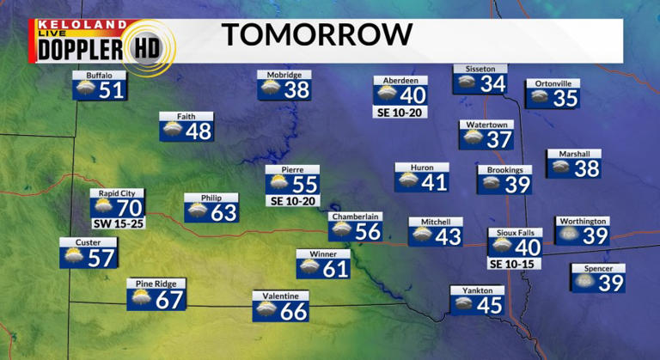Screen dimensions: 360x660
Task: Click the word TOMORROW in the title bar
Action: click(x=317, y=35)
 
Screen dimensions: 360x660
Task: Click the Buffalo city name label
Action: click(x=99, y=75)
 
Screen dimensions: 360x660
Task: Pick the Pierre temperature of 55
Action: click(x=304, y=184)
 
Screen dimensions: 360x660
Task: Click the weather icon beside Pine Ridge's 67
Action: click(x=140, y=300)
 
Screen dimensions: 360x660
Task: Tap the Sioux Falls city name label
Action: click(x=515, y=232)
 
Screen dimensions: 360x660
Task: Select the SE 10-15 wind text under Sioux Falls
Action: click(x=515, y=263)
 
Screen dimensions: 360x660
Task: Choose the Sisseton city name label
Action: click(x=480, y=68)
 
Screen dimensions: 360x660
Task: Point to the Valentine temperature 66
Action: click(x=294, y=311)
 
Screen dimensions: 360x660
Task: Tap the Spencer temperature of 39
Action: click(x=610, y=283)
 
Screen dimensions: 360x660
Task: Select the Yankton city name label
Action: click(x=478, y=290)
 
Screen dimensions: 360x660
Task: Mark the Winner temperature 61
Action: click(x=336, y=269)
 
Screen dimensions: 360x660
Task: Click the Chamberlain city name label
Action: click(x=356, y=217)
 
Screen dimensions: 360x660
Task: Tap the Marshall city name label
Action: click(x=573, y=154)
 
